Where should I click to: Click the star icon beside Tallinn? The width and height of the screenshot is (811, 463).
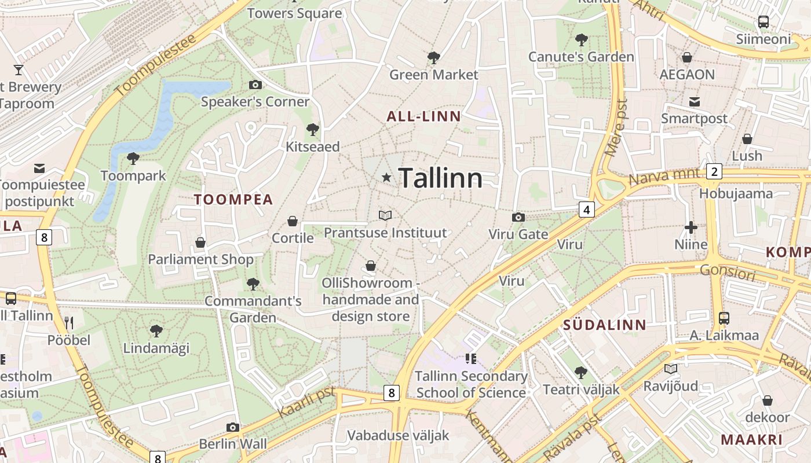click(386, 178)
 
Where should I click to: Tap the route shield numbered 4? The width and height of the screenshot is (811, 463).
click(586, 210)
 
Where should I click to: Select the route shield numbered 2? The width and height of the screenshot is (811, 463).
click(714, 171)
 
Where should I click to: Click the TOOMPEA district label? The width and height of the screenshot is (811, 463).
click(233, 200)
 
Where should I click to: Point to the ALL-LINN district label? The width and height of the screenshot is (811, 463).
click(423, 116)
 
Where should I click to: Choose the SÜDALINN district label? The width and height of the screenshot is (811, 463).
click(604, 325)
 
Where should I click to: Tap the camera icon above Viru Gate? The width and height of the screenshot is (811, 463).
click(518, 218)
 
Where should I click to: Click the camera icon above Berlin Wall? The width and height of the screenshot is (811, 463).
click(233, 428)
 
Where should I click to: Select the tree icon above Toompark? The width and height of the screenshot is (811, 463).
click(133, 159)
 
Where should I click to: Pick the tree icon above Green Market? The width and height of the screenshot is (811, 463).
click(433, 58)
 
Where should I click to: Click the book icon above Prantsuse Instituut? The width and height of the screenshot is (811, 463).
click(385, 216)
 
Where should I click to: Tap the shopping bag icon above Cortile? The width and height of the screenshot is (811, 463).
click(293, 222)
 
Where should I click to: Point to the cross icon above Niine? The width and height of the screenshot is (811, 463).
click(691, 227)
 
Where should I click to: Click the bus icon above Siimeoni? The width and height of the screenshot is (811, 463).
click(763, 23)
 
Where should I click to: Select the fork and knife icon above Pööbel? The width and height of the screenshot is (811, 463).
click(69, 323)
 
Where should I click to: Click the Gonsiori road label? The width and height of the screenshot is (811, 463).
click(728, 272)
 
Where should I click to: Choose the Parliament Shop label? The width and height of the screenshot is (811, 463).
click(200, 259)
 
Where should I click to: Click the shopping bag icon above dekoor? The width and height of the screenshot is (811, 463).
click(767, 400)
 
